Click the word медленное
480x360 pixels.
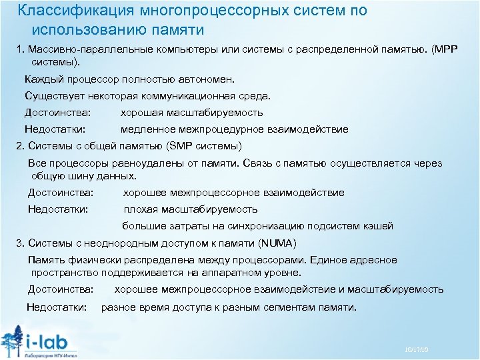(x=151, y=129)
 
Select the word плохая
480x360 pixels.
(x=141, y=209)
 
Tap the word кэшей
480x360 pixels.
(x=378, y=226)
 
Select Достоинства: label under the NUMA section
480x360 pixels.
(x=61, y=289)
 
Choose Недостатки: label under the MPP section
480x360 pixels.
(x=55, y=129)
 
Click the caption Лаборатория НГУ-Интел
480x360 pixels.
(x=51, y=355)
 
